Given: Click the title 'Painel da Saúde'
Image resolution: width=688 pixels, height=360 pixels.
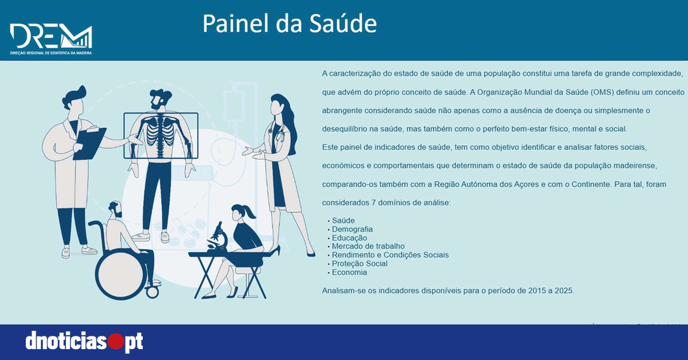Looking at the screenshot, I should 290,24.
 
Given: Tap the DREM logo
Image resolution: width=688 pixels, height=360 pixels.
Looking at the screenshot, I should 51,39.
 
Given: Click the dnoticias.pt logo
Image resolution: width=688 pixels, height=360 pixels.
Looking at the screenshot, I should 84,342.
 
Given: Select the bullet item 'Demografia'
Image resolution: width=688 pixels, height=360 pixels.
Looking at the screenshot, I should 352,229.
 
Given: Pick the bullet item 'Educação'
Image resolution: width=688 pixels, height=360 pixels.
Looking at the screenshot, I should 349,238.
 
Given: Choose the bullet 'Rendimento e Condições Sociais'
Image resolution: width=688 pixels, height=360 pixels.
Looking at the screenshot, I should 390,255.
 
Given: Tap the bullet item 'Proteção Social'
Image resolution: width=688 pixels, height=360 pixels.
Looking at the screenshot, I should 359,264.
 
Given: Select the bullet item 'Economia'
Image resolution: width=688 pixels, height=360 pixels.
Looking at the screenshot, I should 349,272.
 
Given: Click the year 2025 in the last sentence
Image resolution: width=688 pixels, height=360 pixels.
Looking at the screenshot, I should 564,291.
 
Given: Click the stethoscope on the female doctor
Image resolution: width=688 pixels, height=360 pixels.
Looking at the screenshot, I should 279,135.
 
